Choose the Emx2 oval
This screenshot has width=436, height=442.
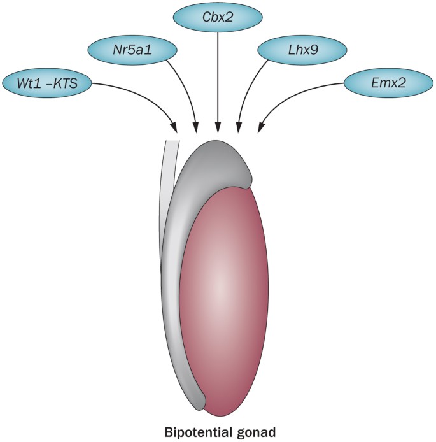pyautogui.click(x=386, y=83)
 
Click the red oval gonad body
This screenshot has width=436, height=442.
pyautogui.click(x=222, y=293)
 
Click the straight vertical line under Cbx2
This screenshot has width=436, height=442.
pyautogui.click(x=218, y=76)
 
